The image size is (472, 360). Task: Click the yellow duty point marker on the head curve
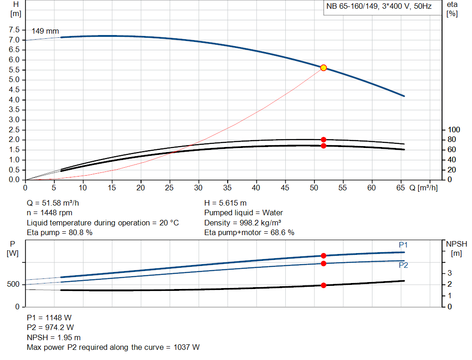pos(323,68)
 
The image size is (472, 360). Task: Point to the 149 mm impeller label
pos(45,31)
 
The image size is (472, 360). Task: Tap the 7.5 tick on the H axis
pos(14,30)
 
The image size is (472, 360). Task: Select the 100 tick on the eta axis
pos(454,130)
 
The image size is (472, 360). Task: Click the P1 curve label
pos(403,245)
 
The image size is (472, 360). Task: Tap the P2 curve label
pos(403,265)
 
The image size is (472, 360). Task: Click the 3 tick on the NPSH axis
pos(449,273)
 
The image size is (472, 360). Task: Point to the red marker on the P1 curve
pos(323,255)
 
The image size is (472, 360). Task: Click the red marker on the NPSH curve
pos(323,285)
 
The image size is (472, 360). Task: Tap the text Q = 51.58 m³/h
pos(56,203)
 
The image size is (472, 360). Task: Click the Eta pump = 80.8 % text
pos(60,233)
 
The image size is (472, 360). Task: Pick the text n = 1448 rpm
pos(50,213)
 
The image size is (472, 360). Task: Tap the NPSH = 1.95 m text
pos(54,337)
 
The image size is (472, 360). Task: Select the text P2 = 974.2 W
pos(50,327)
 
